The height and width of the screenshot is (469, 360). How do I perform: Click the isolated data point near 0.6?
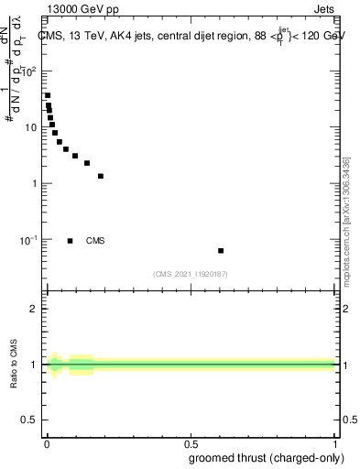[x=221, y=250]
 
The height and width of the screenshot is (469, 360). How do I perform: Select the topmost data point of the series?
[x=48, y=95]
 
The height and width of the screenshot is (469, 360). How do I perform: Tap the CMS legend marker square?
[x=71, y=241]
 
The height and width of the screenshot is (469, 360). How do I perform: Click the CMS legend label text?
[x=95, y=241]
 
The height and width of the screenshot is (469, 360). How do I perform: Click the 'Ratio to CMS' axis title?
[x=16, y=365]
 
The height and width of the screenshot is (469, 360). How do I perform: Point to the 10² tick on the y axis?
[x=27, y=71]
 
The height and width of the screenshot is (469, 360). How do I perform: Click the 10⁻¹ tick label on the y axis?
[x=27, y=240]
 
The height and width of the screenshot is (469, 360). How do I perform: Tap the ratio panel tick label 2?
[x=34, y=309]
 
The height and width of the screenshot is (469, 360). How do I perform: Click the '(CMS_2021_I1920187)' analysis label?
[x=191, y=274]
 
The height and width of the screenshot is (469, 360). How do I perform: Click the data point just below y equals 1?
[x=101, y=176]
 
